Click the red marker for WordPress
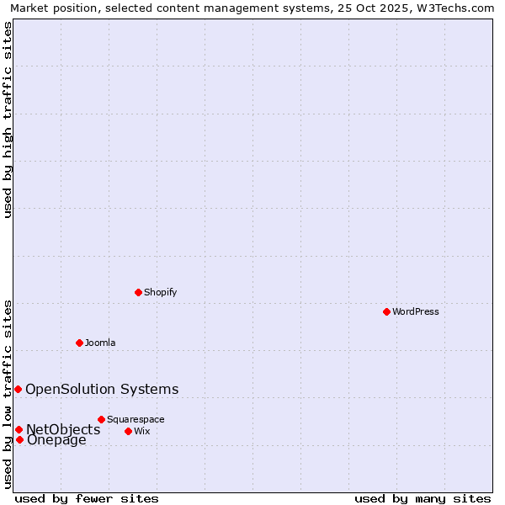[386, 311]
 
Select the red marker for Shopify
[138, 292]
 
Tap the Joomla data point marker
[79, 343]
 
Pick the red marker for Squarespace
[101, 419]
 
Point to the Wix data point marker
[128, 431]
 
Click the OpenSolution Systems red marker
[18, 389]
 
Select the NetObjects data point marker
[19, 429]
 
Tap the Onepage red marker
[19, 439]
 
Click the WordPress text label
[416, 311]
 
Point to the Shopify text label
[160, 292]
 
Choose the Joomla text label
[100, 343]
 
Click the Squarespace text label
[136, 419]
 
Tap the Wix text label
[141, 431]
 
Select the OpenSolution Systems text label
[102, 389]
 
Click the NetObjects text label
[63, 429]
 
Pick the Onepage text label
[56, 439]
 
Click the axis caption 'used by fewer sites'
[87, 498]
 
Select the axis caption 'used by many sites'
[423, 498]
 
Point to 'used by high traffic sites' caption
[8, 120]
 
